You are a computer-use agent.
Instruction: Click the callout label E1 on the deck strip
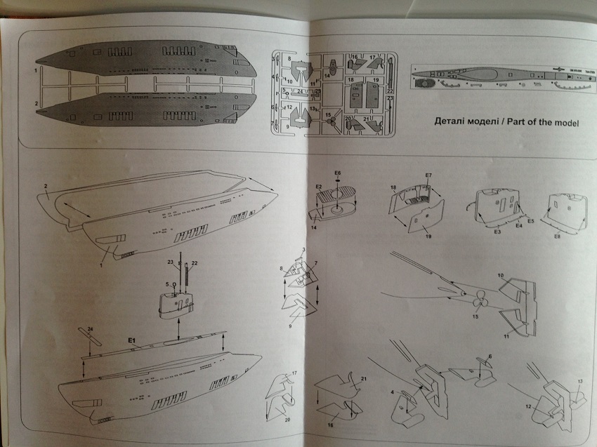coord(131,340)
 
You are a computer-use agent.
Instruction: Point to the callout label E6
coord(337,172)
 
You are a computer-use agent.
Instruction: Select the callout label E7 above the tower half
coord(428,175)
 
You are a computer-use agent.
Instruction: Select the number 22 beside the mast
coord(194,262)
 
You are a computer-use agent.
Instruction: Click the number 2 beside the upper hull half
coord(44,186)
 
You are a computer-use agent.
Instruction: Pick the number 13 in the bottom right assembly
coord(580,381)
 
